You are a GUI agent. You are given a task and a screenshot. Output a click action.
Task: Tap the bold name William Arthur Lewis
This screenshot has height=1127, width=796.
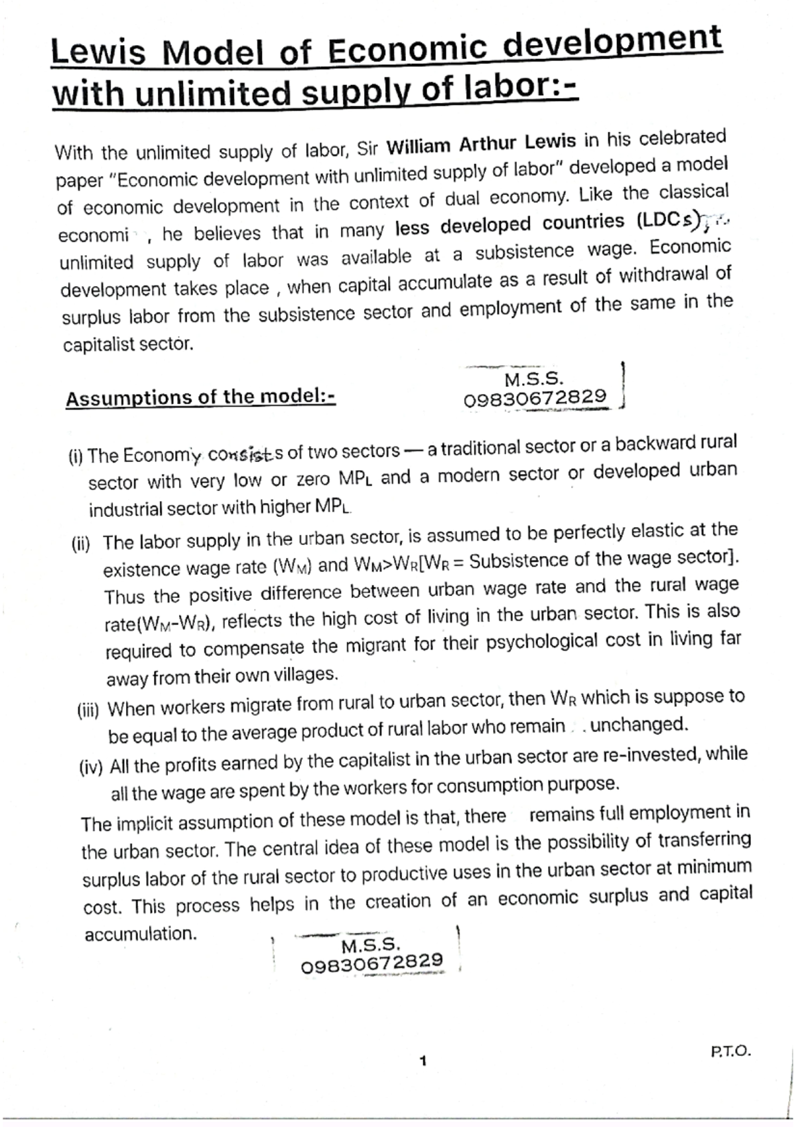[x=480, y=143]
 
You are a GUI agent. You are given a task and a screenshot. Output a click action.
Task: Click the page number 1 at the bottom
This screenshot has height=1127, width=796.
[x=423, y=1061]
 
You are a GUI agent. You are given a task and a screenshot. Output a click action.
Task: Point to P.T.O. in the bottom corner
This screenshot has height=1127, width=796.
[x=730, y=1051]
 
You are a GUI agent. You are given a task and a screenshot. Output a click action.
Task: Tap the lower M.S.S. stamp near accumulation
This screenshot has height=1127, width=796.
[x=372, y=954]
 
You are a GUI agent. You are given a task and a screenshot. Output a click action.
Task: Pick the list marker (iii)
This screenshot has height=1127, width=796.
[x=88, y=712]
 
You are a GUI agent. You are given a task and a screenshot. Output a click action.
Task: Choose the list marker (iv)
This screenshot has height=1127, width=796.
[x=91, y=769]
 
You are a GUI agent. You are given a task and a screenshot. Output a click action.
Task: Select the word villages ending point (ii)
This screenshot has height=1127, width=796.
[x=305, y=675]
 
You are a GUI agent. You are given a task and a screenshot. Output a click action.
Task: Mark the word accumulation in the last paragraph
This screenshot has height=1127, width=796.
[x=141, y=935]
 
